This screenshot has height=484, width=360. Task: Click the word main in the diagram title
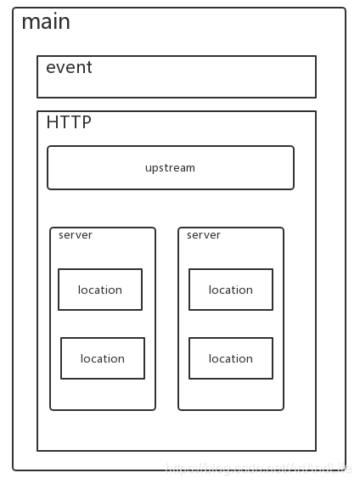[46, 22]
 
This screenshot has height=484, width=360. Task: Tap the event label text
[69, 68]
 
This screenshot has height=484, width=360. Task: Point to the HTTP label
[69, 122]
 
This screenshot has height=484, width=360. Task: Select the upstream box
[170, 167]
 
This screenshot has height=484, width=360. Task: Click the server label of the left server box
[76, 235]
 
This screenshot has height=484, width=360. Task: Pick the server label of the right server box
[204, 235]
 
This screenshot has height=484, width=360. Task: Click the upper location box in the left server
[100, 290]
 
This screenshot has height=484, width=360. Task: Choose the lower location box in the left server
[103, 358]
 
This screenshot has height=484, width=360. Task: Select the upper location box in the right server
[231, 290]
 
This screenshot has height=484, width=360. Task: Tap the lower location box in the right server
[231, 358]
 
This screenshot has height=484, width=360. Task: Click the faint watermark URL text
[258, 467]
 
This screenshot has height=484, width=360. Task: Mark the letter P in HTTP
[86, 122]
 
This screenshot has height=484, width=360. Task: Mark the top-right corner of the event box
[316, 57]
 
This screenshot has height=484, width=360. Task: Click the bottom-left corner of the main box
[14, 470]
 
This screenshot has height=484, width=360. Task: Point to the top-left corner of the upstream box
[48, 147]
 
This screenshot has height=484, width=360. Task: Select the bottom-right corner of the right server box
[283, 409]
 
